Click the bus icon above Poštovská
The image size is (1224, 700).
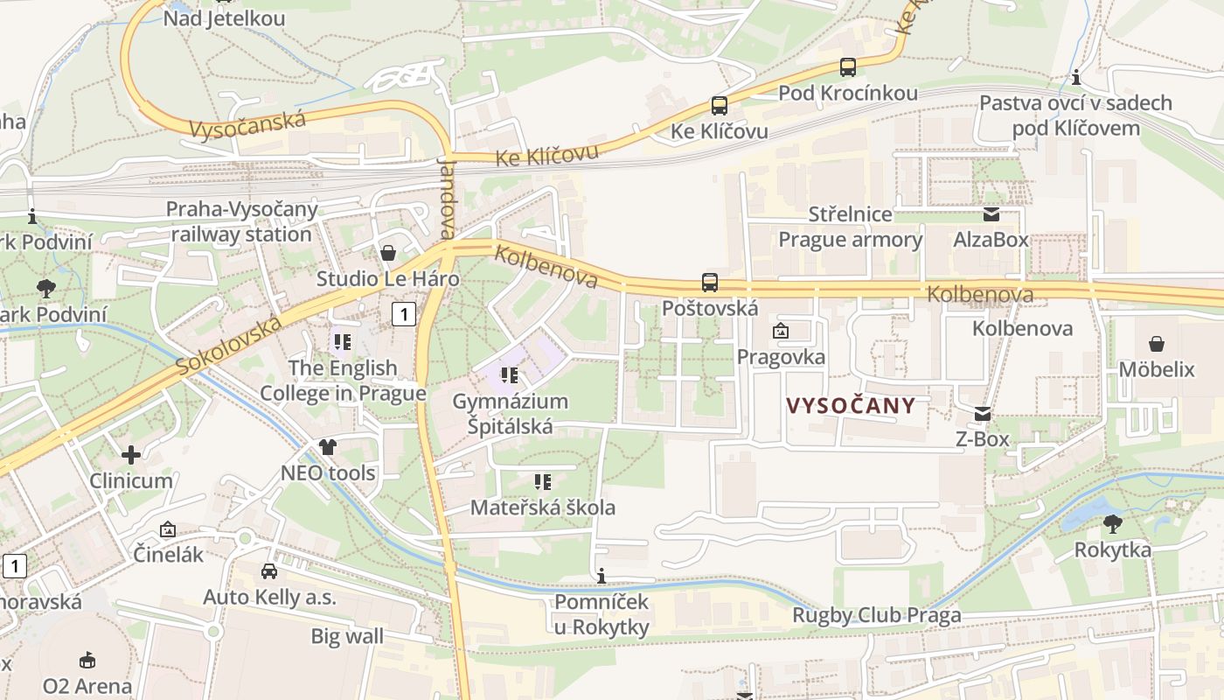coord(710,283)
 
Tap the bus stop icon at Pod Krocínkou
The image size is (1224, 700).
coord(847,66)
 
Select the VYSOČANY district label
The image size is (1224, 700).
coord(851,406)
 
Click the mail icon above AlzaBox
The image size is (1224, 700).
coord(991,214)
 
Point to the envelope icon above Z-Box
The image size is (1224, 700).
coord(983,414)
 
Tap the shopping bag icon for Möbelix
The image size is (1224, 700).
coord(1157,344)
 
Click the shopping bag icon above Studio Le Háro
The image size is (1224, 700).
coord(388,253)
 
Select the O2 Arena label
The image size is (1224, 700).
coord(87,686)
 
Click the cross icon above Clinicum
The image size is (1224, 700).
coord(131,455)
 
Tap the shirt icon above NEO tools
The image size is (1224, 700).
coord(328,447)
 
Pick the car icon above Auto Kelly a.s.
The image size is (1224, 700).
coord(269,571)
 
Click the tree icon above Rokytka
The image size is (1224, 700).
coord(1113,524)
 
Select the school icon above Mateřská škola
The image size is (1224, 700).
coord(543,482)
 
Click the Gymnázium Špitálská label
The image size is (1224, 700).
coord(510,414)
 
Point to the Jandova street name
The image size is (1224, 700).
coord(448,199)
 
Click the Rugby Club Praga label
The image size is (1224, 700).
coord(876,615)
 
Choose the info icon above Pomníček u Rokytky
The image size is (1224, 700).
coord(602,576)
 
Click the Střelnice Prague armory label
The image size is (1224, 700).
coord(851,227)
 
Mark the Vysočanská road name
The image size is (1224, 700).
coord(247,124)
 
